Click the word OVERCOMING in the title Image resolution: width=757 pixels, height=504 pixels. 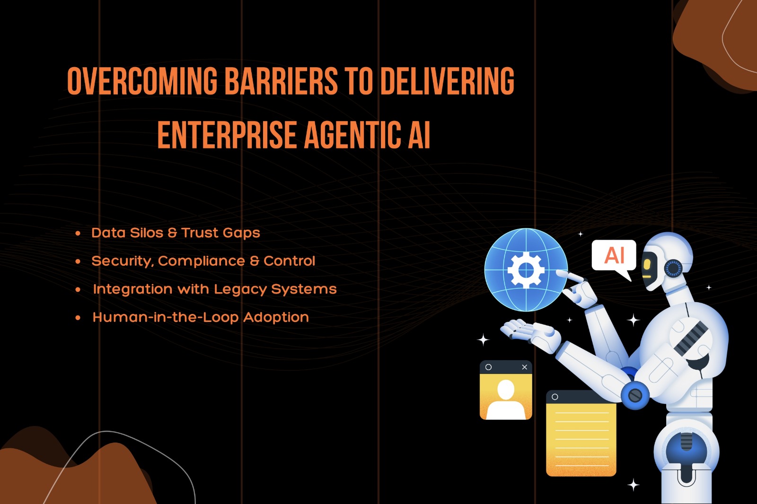tap(142, 81)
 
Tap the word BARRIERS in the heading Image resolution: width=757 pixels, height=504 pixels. tap(281, 81)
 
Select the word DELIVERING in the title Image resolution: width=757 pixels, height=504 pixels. tap(448, 81)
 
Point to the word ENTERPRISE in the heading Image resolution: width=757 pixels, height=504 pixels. tap(227, 135)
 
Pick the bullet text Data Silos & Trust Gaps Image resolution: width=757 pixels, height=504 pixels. tap(176, 233)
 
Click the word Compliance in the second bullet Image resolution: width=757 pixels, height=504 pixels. tap(202, 261)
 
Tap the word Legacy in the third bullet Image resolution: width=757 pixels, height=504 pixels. tap(240, 290)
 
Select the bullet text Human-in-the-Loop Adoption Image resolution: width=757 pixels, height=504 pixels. tap(201, 318)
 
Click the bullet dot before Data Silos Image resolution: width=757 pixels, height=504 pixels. tap(78, 234)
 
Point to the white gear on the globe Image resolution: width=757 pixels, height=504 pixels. tap(526, 270)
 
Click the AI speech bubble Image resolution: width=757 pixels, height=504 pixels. tap(614, 256)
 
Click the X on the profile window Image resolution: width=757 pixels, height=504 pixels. tap(525, 367)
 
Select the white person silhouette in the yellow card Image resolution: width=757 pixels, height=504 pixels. tap(506, 400)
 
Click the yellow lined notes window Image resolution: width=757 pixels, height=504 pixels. tap(581, 434)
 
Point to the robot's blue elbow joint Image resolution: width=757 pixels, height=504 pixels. tap(634, 395)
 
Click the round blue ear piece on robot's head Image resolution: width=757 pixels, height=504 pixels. tap(673, 269)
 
